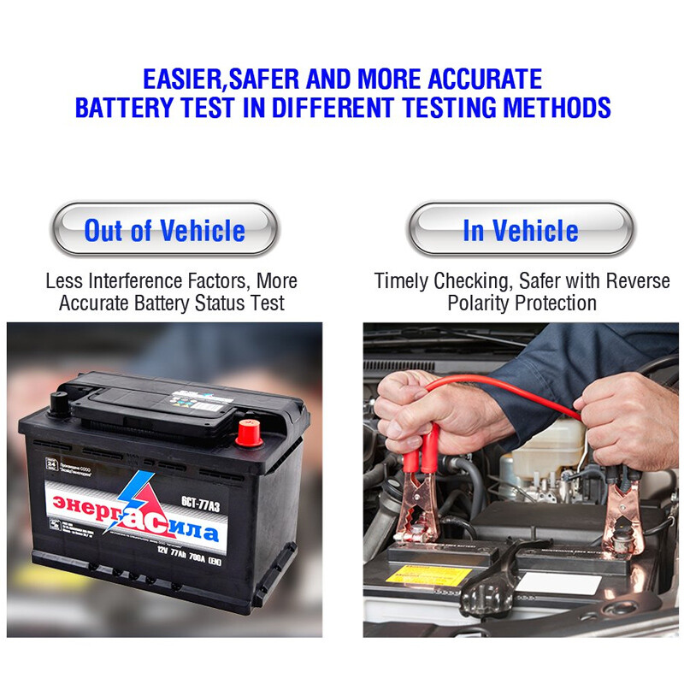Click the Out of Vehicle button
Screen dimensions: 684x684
(165, 230)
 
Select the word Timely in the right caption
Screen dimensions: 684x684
(401, 281)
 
